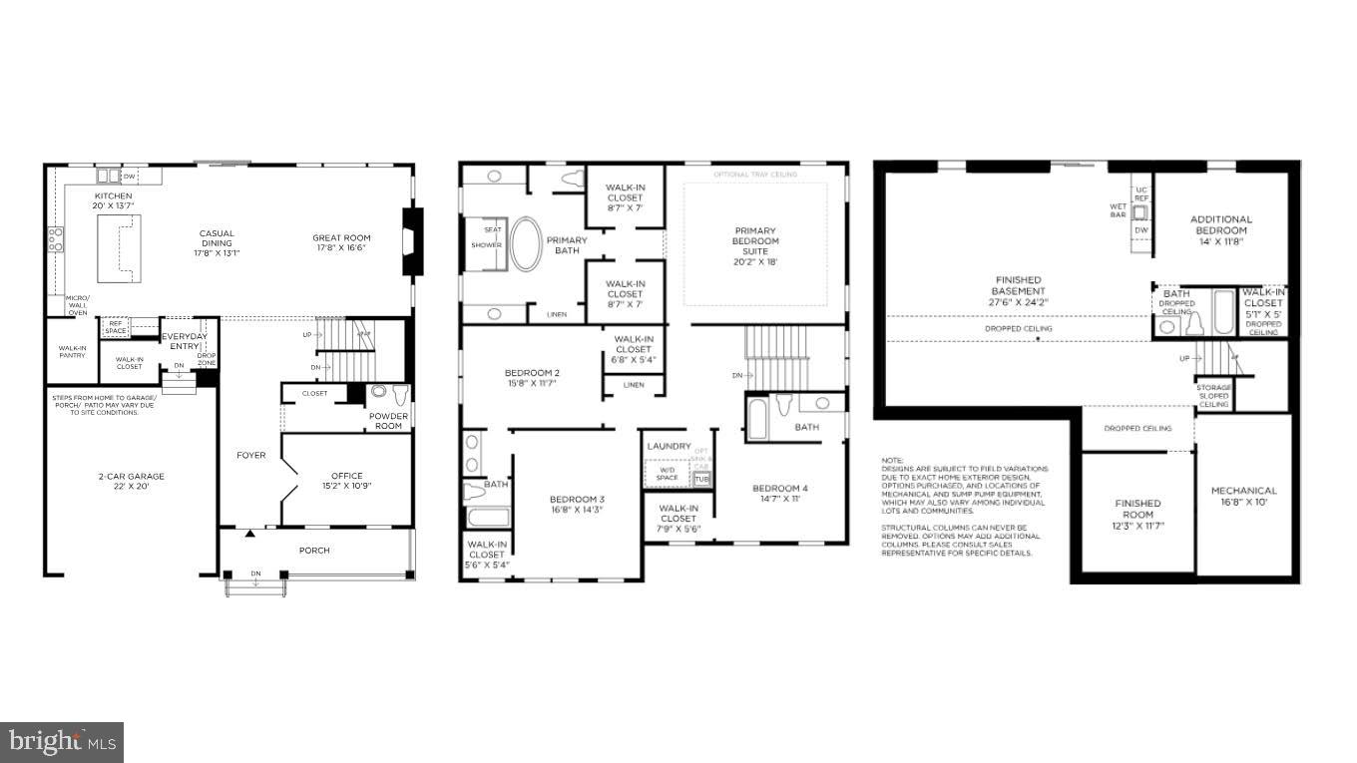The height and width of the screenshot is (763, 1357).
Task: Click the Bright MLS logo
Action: coord(62,742)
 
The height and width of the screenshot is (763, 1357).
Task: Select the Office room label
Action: coord(346,481)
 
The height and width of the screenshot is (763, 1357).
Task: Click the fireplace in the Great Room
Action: coord(411,240)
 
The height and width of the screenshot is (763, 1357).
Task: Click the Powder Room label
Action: coord(387,421)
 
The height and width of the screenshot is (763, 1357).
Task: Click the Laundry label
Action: coord(669,446)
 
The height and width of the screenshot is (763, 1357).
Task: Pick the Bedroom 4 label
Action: coord(779,493)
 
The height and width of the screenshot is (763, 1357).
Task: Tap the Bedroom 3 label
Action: coord(577,504)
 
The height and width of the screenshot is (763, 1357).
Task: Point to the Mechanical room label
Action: coord(1243,496)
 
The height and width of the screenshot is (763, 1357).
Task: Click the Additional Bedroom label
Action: coord(1220,224)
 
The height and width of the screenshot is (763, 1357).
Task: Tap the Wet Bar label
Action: coord(1118,212)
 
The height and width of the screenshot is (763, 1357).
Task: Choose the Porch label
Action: coord(314,551)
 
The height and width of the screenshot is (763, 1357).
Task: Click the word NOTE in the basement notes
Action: coord(891,460)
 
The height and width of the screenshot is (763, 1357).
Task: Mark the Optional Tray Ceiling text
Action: coord(754,175)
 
